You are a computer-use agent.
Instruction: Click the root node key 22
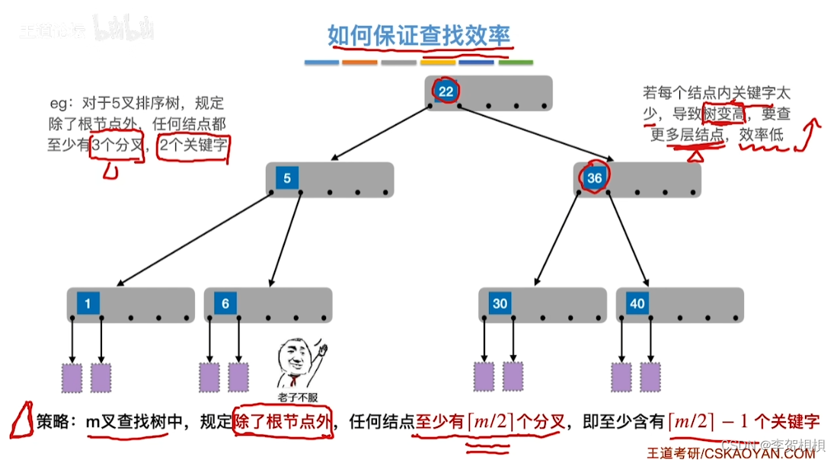pos(446,92)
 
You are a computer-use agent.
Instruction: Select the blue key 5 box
pos(287,179)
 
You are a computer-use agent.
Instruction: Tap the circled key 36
pos(594,179)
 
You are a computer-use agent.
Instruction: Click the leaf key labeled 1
pos(88,304)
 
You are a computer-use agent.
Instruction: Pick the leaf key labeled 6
pos(225,304)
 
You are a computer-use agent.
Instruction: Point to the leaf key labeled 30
pos(500,304)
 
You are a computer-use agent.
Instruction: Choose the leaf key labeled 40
pos(637,304)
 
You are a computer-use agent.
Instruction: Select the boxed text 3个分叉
pos(117,144)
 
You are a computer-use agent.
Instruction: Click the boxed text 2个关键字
pos(193,144)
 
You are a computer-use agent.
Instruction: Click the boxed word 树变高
pos(724,115)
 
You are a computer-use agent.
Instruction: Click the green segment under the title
pos(516,62)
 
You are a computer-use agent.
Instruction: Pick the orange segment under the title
pos(360,62)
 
